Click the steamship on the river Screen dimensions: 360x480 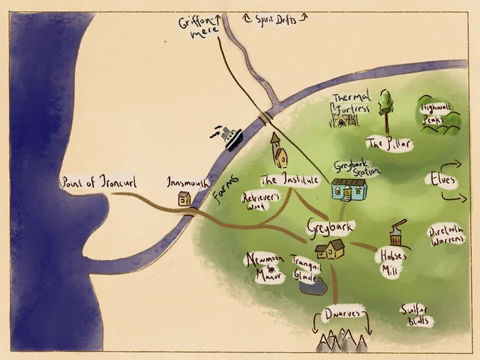coord(229,136)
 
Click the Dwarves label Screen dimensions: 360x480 coord(341,312)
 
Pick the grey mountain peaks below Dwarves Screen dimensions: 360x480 coord(340,342)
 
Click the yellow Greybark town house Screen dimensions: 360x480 coord(330,249)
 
